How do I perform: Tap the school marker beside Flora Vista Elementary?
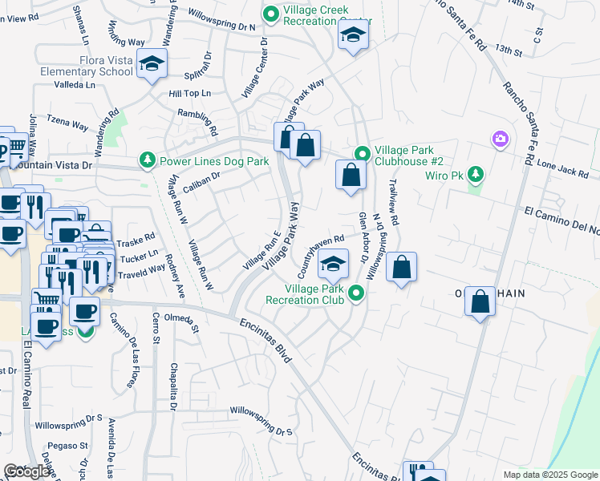pos(151,65)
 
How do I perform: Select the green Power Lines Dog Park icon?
pos(148,161)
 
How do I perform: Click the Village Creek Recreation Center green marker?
pos(271,13)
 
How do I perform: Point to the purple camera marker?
pos(500,139)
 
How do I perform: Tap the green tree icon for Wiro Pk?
pos(476,173)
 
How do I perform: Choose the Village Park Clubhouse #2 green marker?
pos(362,154)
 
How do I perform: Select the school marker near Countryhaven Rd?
pos(333,263)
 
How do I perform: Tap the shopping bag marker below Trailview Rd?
pos(402,266)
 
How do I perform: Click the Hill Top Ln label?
pos(189,93)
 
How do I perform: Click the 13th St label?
pos(508,50)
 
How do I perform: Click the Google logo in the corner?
pos(26,471)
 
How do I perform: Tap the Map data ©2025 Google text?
pos(549,475)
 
